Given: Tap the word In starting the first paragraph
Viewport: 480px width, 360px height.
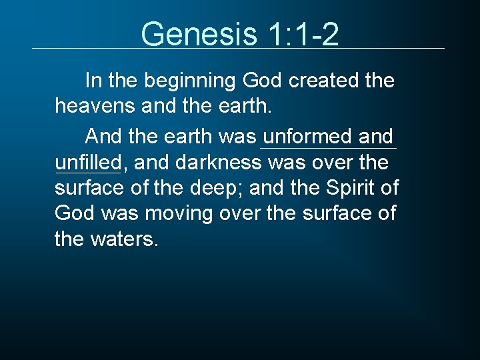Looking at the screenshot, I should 93,81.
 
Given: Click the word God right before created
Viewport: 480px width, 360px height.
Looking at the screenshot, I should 263,81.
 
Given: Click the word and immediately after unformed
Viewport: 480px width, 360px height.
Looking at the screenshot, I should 376,137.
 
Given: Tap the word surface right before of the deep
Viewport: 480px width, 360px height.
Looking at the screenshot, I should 90,189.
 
